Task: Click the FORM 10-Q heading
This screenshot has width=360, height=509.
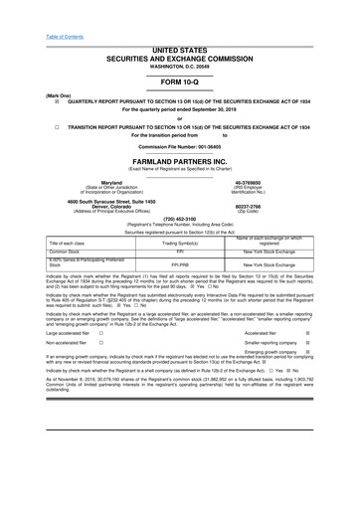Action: pos(180,83)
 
